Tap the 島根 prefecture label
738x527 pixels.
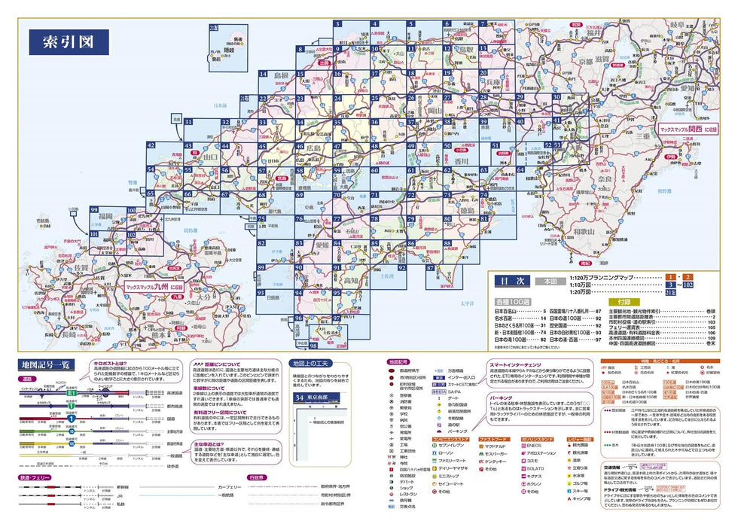pyautogui.click(x=281, y=76)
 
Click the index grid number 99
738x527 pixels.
pyautogui.click(x=94, y=210)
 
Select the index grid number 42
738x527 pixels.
pyautogui.click(x=151, y=145)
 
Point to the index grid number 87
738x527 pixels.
pyautogui.click(x=430, y=268)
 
